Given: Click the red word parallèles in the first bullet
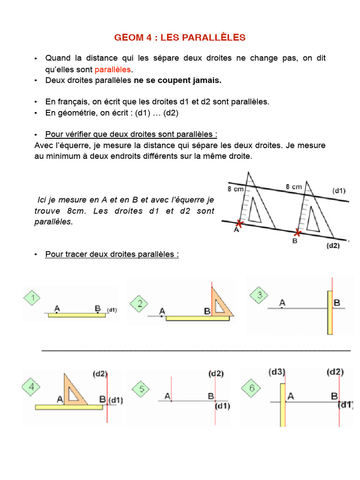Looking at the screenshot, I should [x=113, y=69].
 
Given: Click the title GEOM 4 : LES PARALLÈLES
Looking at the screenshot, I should [x=180, y=37].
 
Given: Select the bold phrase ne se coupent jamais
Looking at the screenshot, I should [x=177, y=80].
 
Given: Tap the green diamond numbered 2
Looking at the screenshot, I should [x=140, y=303].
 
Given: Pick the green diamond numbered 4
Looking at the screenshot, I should [x=31, y=387].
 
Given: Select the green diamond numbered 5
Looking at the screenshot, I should [x=141, y=389].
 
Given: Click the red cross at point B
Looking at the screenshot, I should [x=297, y=232].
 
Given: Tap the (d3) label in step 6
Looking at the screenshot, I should [x=277, y=372].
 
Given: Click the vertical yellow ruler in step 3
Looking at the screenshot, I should [x=330, y=312].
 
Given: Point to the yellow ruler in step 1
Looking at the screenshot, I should [x=77, y=315].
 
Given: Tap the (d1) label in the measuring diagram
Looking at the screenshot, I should [x=339, y=191].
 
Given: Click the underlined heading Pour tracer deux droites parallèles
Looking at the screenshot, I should [x=112, y=255].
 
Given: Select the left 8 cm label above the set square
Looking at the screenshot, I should [x=235, y=189].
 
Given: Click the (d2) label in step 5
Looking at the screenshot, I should [x=216, y=374].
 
